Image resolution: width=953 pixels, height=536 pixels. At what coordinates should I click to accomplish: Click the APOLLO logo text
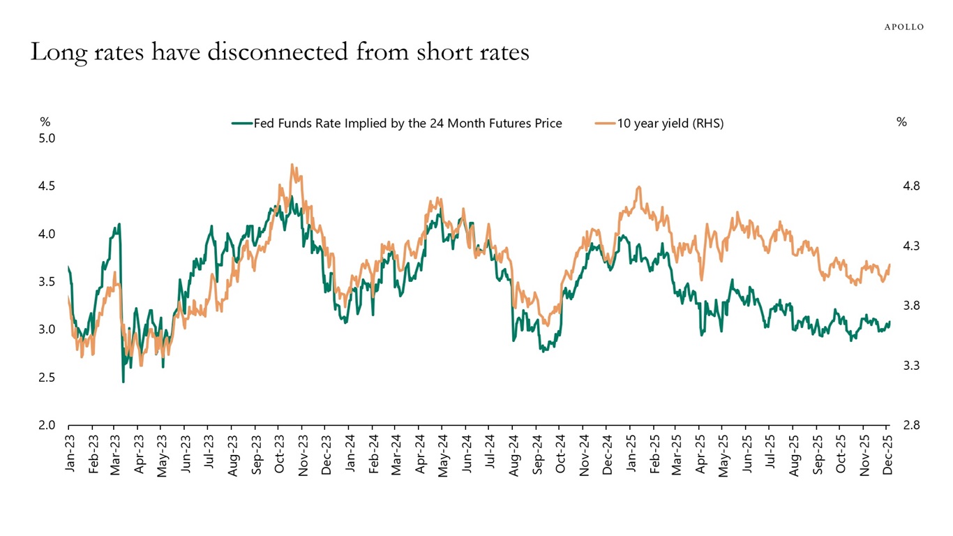903,27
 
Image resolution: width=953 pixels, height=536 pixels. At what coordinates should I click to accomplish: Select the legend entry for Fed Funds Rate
398,124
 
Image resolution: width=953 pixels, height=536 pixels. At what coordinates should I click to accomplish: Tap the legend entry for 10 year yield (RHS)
659,124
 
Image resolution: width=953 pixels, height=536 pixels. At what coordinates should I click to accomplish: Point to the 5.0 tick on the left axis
47,138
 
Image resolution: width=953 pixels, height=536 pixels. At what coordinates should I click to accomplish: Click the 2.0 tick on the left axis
47,425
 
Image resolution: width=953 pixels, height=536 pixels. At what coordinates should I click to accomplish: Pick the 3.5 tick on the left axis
47,282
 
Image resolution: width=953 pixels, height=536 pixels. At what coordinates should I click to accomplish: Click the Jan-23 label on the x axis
69,455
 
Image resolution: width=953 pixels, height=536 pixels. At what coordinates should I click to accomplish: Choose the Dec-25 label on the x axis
888,455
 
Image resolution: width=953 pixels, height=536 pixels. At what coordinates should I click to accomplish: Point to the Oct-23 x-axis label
280,455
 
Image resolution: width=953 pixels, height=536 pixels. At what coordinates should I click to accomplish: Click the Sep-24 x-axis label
537,455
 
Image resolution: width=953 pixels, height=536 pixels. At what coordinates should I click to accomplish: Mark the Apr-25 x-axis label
700,455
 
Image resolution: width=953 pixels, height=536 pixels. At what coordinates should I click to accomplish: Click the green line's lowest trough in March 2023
123,381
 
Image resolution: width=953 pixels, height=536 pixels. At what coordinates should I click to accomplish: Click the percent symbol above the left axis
45,122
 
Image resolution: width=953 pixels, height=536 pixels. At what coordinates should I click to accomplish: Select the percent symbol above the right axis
901,122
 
